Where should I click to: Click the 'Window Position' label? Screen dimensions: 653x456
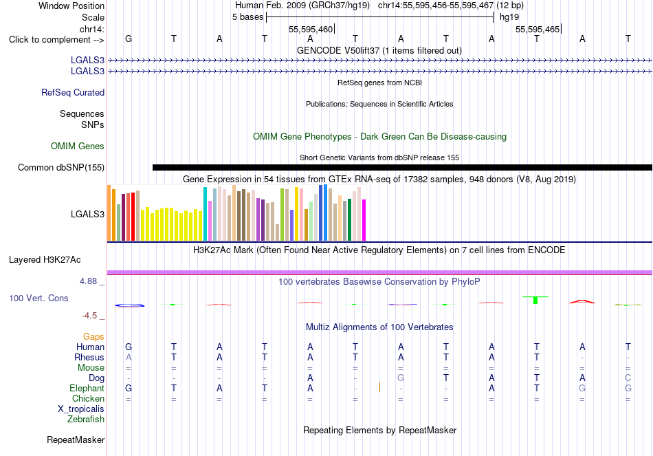[x=71, y=6]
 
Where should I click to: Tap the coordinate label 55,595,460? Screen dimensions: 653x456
[x=311, y=29]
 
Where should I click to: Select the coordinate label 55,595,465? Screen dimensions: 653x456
[x=538, y=29]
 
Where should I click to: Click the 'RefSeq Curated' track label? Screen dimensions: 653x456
[x=73, y=93]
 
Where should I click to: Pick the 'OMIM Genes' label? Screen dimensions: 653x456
[x=78, y=146]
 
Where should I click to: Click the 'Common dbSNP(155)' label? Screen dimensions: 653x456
[x=61, y=168]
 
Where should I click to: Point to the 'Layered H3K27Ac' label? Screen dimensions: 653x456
[x=45, y=260]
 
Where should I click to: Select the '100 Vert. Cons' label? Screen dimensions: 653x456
[x=38, y=298]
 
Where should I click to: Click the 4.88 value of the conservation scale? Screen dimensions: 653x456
[x=88, y=281]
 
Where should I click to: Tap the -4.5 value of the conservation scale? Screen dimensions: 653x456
[x=89, y=316]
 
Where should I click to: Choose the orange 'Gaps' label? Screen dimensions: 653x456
[x=93, y=336]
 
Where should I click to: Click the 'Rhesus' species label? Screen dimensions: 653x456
[x=89, y=357]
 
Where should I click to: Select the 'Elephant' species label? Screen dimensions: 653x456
[x=87, y=388]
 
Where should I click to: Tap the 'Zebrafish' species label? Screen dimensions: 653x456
[x=86, y=419]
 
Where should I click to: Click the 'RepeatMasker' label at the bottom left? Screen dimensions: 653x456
[x=76, y=439]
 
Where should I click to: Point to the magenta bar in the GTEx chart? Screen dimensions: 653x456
[x=364, y=220]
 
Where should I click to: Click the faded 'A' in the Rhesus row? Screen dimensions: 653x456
[x=129, y=357]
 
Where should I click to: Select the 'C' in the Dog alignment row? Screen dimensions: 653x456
[x=628, y=378]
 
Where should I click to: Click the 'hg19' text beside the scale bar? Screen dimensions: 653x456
[x=509, y=17]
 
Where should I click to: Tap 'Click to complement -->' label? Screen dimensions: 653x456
[x=56, y=40]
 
